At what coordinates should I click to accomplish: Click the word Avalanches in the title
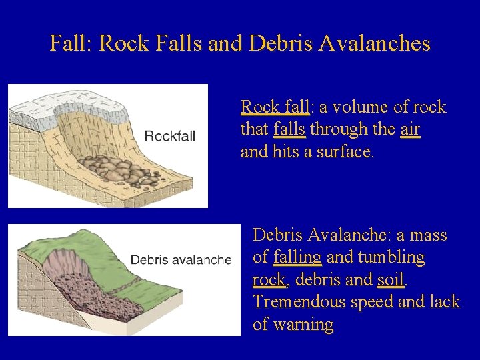(x=375, y=44)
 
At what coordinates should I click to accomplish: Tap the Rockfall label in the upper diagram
(x=170, y=136)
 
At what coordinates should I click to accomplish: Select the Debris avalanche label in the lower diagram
(x=181, y=259)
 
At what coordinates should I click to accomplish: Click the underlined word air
(x=410, y=129)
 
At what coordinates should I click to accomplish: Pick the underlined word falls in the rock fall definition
(x=289, y=129)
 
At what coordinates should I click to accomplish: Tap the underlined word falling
(x=297, y=257)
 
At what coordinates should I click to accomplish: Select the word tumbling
(x=392, y=257)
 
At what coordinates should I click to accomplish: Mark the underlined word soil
(x=390, y=279)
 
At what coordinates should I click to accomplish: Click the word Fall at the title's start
(x=71, y=44)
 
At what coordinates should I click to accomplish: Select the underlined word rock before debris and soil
(x=269, y=280)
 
